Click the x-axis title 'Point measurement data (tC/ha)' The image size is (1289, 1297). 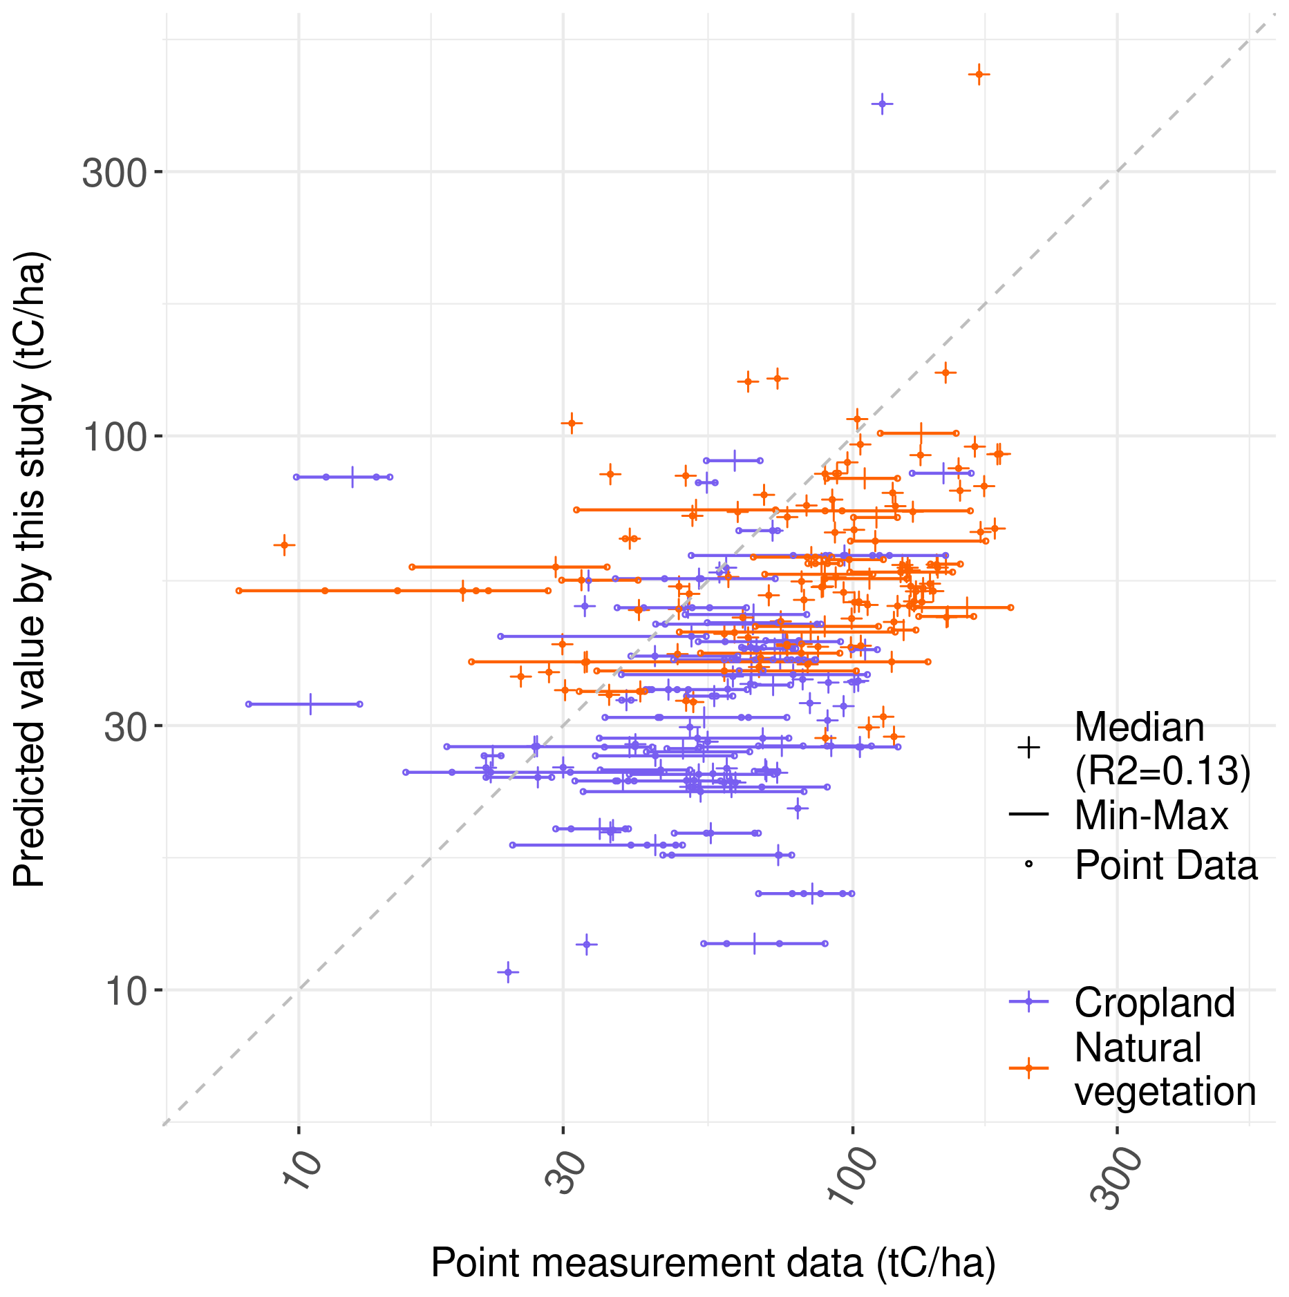coord(713,1262)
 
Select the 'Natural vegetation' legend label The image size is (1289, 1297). coord(1165,1069)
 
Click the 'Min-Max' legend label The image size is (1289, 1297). coord(1151,815)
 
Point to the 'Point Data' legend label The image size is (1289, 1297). coord(1166,864)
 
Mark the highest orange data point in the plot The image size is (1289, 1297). coord(979,74)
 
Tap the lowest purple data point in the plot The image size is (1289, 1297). coord(508,972)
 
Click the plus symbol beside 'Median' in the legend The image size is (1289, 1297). coord(1028,748)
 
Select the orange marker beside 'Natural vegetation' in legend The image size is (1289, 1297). coord(1028,1068)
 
